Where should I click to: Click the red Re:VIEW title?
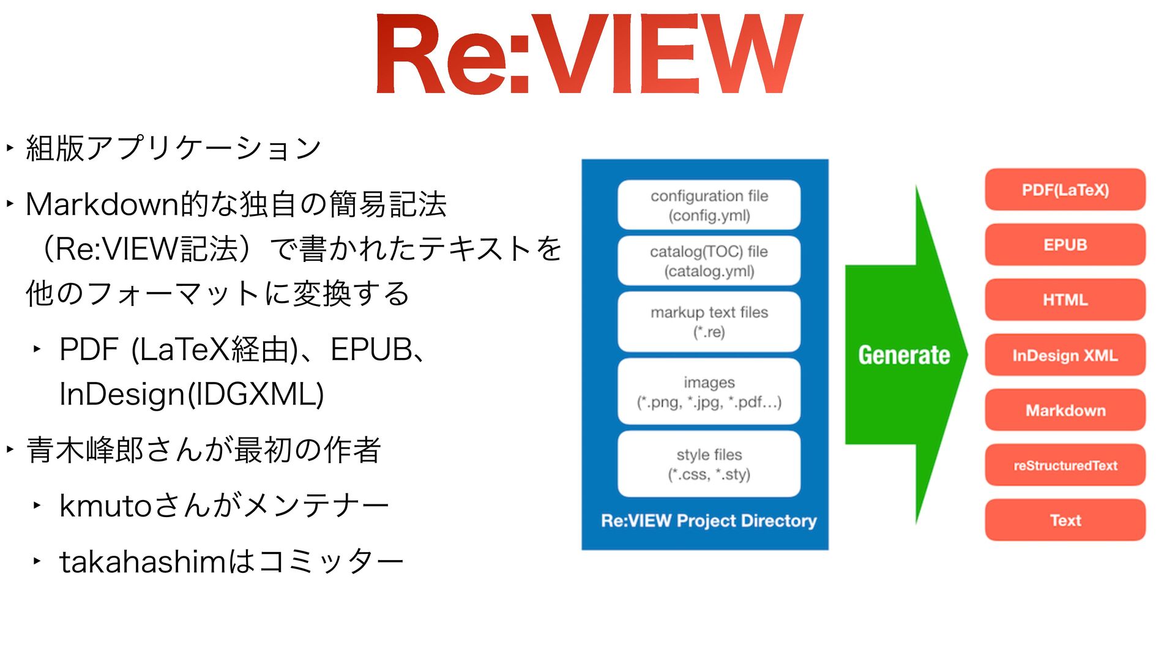pos(589,55)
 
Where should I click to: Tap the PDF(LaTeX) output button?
pos(1065,190)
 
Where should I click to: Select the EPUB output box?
pos(1065,245)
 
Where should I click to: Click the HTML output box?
pos(1065,300)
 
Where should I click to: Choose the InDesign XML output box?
pos(1065,355)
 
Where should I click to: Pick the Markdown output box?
pos(1065,410)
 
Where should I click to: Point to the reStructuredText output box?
pos(1065,465)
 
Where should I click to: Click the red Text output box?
pos(1065,520)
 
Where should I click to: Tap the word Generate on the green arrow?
pos(904,355)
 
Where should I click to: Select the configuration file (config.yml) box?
pos(709,205)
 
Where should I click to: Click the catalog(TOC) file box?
pos(709,261)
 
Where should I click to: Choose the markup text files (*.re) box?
pos(709,322)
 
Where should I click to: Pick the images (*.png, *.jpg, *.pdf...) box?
pos(709,392)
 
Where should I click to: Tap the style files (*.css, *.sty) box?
pos(709,464)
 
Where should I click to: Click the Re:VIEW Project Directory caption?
pos(709,521)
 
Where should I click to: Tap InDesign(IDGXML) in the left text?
pos(192,394)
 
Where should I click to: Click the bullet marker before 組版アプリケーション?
pos(10,148)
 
